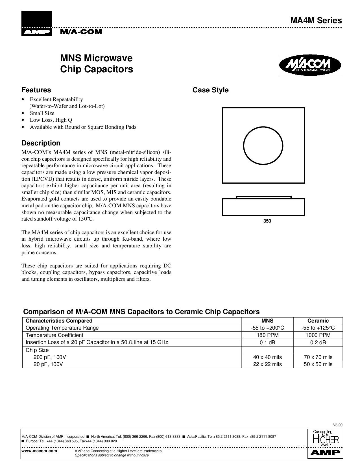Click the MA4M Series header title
click(x=316, y=21)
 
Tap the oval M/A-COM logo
click(x=310, y=65)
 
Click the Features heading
click(x=36, y=90)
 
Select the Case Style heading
click(x=210, y=90)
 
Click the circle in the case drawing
click(x=263, y=145)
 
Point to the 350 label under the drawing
click(x=267, y=221)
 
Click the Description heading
click(x=41, y=143)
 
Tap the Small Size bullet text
click(x=42, y=113)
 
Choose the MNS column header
click(x=267, y=321)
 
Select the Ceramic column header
click(x=318, y=321)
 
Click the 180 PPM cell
click(x=267, y=335)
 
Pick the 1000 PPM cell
click(x=318, y=335)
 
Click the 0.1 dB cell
click(x=267, y=343)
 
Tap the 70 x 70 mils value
click(x=318, y=357)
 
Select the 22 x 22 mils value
click(x=267, y=364)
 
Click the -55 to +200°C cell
click(x=267, y=328)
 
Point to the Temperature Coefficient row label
click(x=54, y=335)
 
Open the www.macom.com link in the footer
click(x=39, y=451)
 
